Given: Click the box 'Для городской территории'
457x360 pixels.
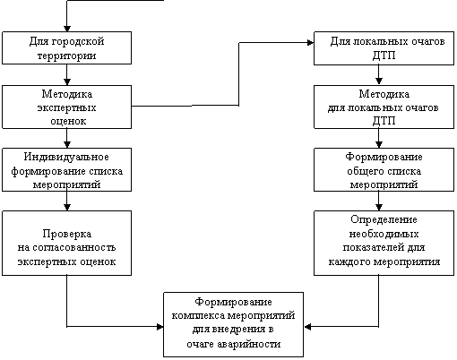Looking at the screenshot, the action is (x=66, y=47).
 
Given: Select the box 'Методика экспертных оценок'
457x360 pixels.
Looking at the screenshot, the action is (x=66, y=107).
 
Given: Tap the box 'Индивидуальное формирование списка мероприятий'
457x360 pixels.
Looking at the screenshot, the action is (x=66, y=169).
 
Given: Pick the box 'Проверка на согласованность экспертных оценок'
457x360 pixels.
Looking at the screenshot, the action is (x=66, y=243).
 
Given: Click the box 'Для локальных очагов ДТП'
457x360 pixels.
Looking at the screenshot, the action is (x=384, y=48).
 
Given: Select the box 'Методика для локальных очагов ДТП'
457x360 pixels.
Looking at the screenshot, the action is (x=384, y=107).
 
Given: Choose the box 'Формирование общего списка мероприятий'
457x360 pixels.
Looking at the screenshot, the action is (x=384, y=169).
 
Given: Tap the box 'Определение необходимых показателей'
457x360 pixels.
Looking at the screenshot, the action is (x=384, y=243).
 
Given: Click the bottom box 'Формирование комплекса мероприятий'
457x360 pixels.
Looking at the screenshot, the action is (x=233, y=324).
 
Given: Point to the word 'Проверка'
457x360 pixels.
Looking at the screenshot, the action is (x=66, y=234).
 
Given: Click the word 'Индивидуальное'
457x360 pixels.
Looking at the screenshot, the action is (x=66, y=157).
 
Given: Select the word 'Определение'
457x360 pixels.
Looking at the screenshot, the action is (x=384, y=219).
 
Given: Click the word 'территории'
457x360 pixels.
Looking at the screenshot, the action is (x=66, y=56).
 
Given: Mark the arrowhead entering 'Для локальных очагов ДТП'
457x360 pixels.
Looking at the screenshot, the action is (x=311, y=43).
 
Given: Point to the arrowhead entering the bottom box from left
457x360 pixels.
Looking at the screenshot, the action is (x=160, y=327).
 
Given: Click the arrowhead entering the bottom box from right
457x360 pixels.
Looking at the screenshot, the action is (x=307, y=327).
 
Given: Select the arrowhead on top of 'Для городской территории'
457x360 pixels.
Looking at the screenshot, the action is (x=67, y=29).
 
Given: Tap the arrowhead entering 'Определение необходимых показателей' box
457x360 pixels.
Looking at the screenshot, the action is (x=379, y=208).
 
